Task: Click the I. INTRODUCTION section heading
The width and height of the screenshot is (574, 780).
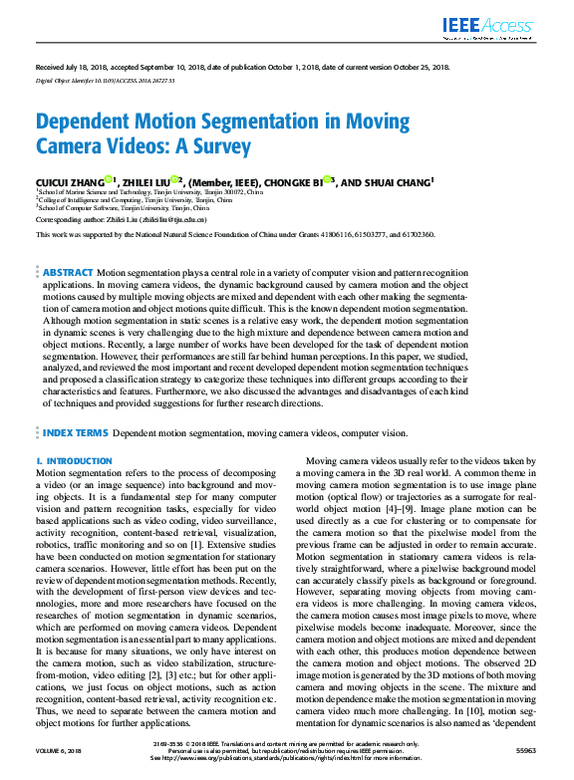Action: [x=74, y=461]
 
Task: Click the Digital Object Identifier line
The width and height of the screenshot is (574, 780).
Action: [x=105, y=79]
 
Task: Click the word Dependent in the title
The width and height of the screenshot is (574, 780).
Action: [x=87, y=123]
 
